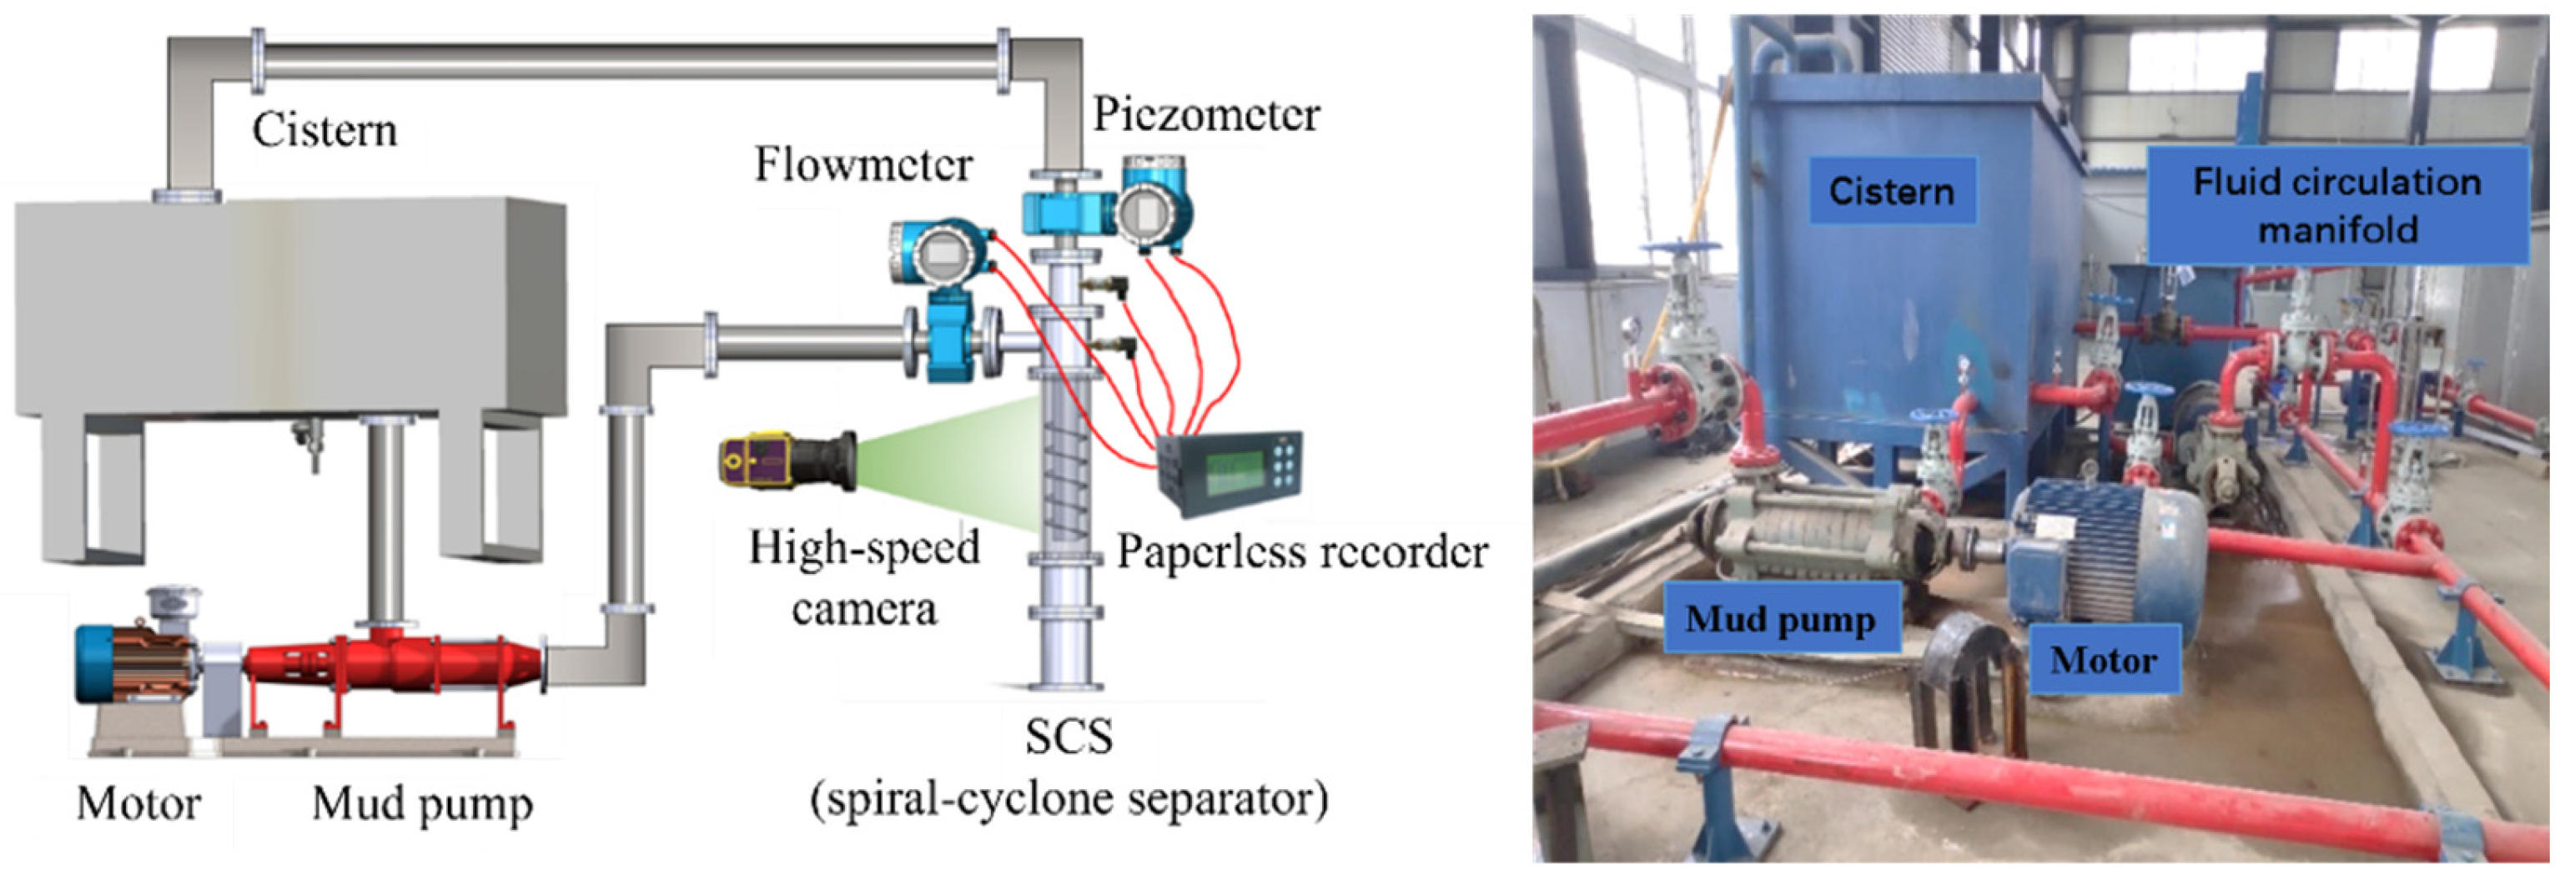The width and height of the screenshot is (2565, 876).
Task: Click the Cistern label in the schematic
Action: point(324,130)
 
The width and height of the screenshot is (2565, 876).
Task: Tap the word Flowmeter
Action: point(863,164)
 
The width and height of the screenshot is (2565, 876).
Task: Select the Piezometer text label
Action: point(1206,114)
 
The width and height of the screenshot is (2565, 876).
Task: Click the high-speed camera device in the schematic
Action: point(787,460)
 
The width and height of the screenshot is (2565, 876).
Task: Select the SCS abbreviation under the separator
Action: point(1069,738)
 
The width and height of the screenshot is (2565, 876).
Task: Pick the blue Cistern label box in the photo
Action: point(1891,191)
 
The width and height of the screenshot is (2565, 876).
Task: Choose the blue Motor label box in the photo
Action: point(2103,660)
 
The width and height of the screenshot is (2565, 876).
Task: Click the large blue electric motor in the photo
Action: point(2101,557)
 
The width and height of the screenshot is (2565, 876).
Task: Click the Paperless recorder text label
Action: point(1301,551)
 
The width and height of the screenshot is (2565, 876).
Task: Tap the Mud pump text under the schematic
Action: point(422,803)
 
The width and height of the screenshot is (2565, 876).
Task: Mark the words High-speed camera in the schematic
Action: point(864,577)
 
